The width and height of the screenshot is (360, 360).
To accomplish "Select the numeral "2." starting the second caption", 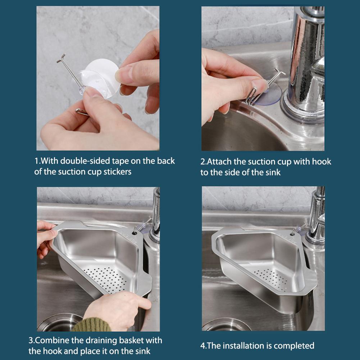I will click(x=204, y=162).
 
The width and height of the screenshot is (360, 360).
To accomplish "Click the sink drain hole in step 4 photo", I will click(x=227, y=325).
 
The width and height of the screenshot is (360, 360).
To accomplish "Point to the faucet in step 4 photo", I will click(x=316, y=219).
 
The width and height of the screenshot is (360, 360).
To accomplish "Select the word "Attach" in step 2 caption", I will click(x=220, y=162).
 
